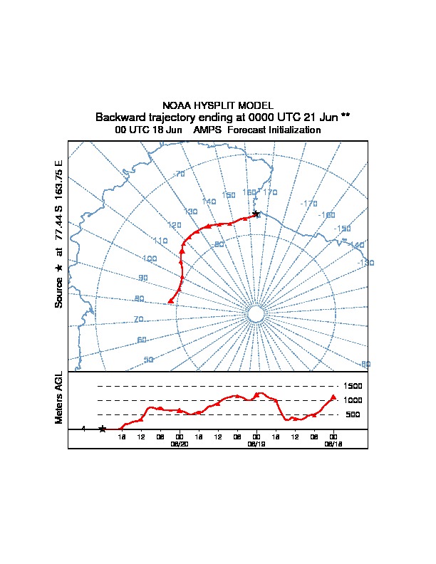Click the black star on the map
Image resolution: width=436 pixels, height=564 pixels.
point(256,214)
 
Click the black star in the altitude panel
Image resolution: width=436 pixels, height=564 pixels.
point(102,429)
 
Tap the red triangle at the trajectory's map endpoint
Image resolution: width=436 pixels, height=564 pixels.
point(170,301)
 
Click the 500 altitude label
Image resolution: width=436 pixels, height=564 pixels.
point(352,414)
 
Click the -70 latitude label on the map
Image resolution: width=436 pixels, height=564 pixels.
point(179,174)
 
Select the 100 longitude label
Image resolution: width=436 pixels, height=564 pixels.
point(150,258)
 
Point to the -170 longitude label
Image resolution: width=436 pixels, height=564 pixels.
point(308,204)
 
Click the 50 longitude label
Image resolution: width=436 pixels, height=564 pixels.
point(148,360)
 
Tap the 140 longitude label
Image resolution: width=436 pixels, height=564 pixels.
point(209,202)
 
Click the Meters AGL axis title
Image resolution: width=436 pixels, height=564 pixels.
point(59,397)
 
